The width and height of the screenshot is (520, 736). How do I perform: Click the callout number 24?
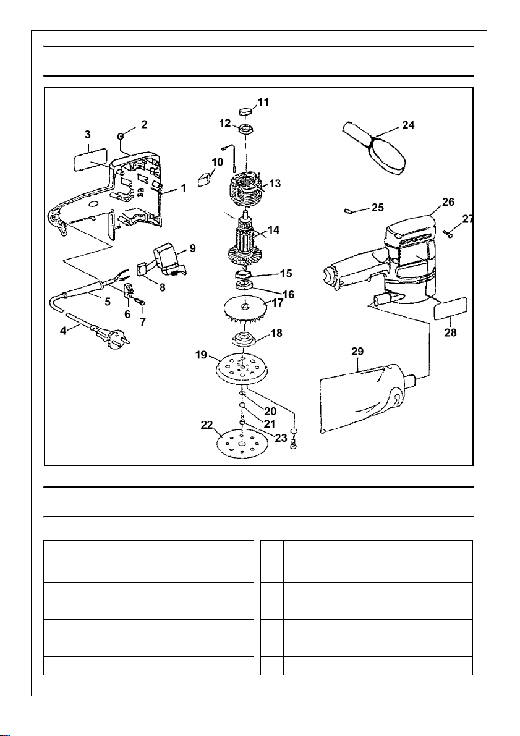pos(408,126)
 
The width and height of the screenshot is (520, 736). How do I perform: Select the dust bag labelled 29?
pos(367,399)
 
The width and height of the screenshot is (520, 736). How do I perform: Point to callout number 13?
pos(275,184)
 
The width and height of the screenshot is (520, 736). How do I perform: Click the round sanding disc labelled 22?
pos(241,444)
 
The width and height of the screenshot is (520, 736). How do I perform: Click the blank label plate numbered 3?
pos(90,162)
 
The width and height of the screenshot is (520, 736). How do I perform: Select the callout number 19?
pos(202,355)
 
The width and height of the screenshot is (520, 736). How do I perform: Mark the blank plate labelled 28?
pos(450,308)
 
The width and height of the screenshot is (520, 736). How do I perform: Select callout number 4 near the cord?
pos(63,331)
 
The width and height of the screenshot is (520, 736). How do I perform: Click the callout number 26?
pos(448,202)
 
